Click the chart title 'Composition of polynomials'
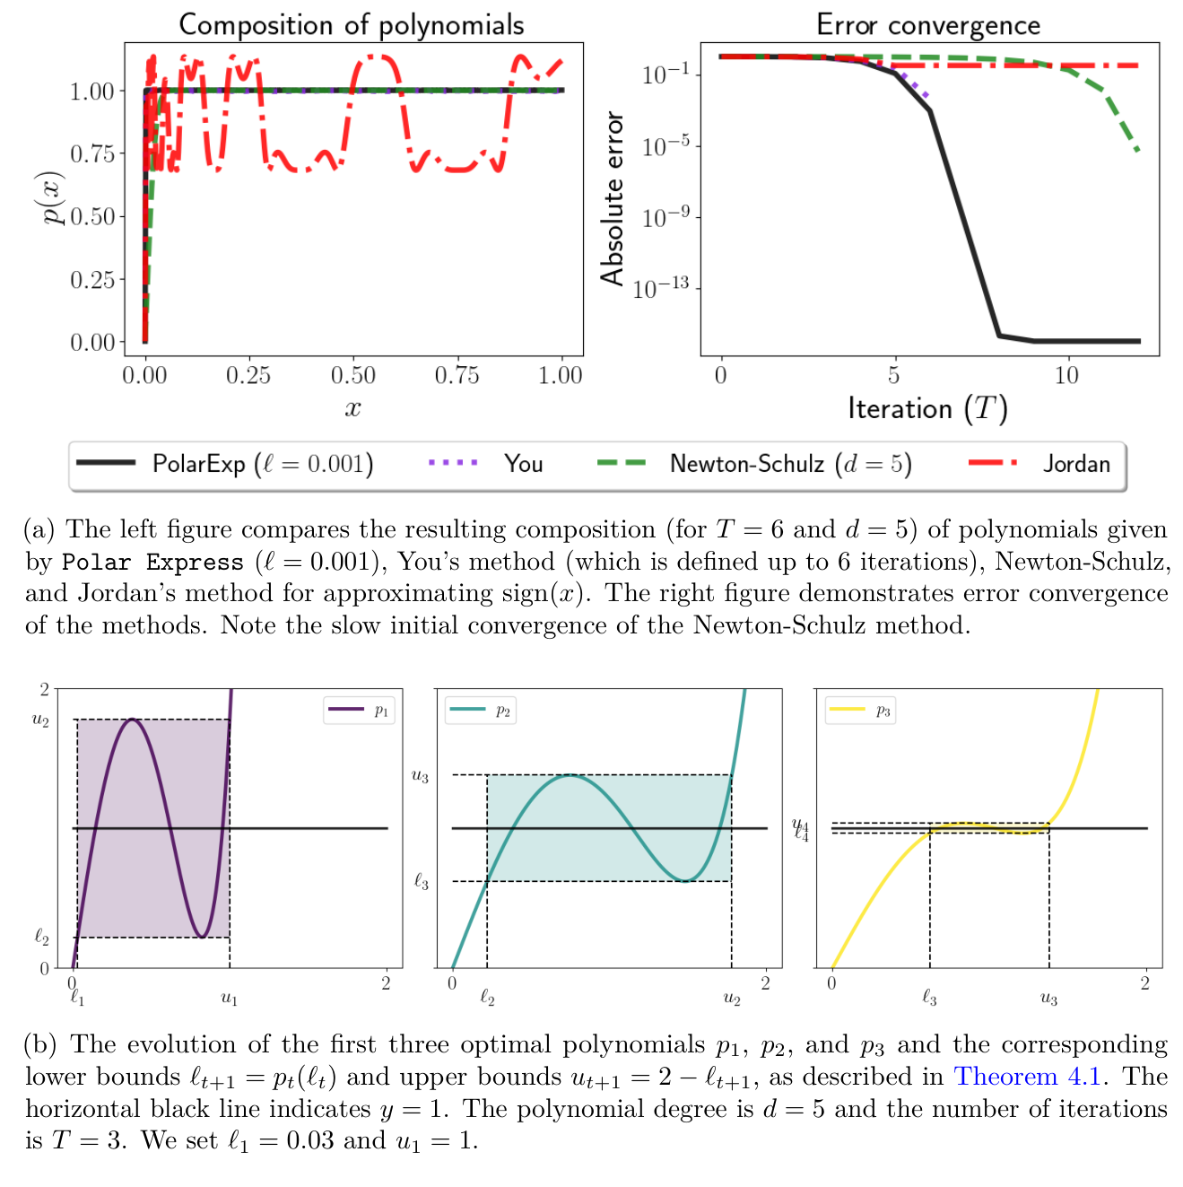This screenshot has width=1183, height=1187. click(352, 24)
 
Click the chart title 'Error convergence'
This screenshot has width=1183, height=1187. click(928, 24)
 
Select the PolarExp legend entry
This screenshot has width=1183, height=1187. click(224, 464)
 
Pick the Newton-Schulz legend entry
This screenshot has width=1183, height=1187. click(753, 464)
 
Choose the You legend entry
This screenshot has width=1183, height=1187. click(485, 464)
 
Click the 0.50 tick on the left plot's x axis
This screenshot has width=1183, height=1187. click(352, 375)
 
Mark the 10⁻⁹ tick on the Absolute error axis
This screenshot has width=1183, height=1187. click(665, 218)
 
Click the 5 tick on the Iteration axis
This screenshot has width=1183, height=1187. click(893, 375)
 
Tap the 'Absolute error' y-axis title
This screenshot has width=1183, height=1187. click(613, 199)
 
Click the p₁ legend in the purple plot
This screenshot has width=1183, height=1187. click(359, 711)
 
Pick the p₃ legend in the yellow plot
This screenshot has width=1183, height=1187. click(860, 711)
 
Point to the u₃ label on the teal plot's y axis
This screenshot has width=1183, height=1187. click(420, 775)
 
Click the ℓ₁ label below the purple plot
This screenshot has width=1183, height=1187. click(77, 996)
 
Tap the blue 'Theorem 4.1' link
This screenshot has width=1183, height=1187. click(1027, 1076)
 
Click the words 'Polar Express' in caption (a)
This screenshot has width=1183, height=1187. click(152, 563)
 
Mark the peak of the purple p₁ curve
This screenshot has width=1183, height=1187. click(133, 720)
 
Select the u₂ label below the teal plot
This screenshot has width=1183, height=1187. click(732, 998)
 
